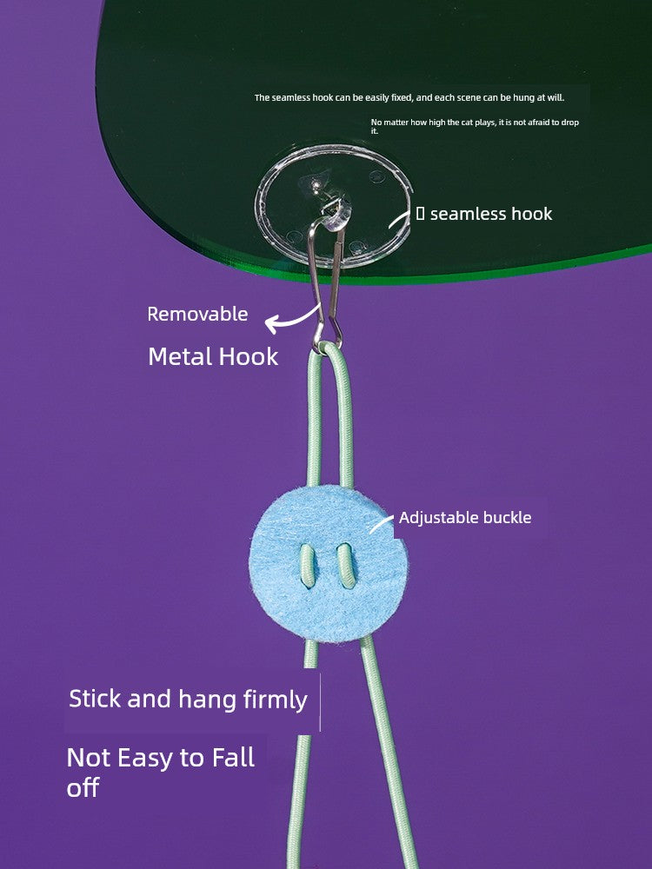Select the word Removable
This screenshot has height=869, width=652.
click(197, 315)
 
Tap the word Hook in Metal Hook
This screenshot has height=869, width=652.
click(251, 356)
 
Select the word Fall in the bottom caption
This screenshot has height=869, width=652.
click(233, 757)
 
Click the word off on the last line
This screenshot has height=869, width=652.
click(83, 788)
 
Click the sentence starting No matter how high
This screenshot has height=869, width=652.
click(474, 126)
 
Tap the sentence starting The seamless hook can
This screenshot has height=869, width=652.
click(409, 98)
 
